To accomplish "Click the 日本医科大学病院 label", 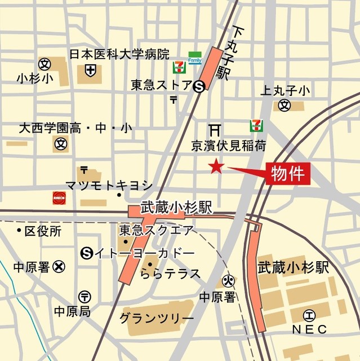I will [x=119, y=54].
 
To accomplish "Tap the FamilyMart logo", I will [x=195, y=58].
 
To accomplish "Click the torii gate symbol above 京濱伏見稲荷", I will [x=215, y=128].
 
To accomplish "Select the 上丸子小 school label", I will [x=285, y=90].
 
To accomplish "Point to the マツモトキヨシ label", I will [x=109, y=185].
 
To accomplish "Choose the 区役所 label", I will [x=43, y=231].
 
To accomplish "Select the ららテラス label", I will [x=170, y=274].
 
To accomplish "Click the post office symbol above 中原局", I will [x=85, y=296].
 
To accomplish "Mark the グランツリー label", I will [x=156, y=319].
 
